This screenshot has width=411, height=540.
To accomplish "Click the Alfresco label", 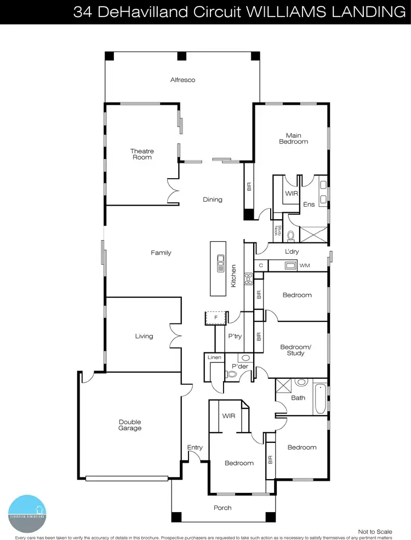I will point(182,80).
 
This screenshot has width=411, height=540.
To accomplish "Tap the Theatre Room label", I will point(141,154).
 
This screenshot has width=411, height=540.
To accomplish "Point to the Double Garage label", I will point(130,425).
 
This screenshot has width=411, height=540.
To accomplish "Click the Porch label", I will point(222,508).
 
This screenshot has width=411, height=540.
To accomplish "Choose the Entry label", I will point(195,448).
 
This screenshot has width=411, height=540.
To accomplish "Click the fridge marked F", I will point(215,317).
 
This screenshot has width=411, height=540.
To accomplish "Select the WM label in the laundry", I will point(304,266).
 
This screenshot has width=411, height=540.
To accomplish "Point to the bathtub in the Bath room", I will point(319,399).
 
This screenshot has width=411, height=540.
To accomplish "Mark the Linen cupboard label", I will point(214,358).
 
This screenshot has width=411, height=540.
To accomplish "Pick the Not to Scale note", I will point(375,531).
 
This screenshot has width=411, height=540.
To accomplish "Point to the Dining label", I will point(213,200).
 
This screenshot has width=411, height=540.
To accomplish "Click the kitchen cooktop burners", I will point(248,279).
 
